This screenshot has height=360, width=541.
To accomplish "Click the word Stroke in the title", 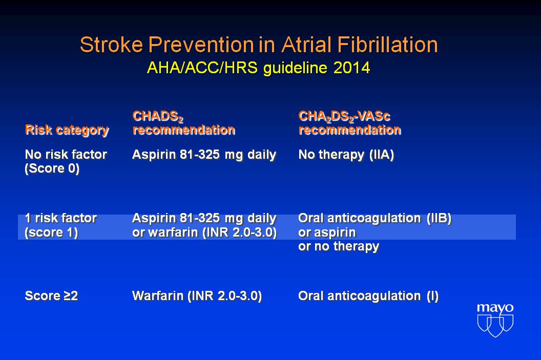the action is [x=112, y=45].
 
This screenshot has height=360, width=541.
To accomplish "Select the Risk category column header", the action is [x=67, y=131].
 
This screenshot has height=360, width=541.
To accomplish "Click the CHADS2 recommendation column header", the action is [x=183, y=123].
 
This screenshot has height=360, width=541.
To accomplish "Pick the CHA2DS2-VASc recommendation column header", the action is [x=349, y=123].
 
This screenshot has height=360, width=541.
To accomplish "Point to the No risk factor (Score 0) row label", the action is [x=66, y=161].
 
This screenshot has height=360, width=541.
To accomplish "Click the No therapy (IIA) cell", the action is [x=346, y=155].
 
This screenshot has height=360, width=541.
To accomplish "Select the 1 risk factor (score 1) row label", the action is [x=61, y=225].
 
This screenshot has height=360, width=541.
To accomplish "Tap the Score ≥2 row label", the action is [x=51, y=296].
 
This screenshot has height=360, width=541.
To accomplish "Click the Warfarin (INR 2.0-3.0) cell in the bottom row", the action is [x=197, y=296].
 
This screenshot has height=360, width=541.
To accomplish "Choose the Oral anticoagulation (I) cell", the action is [x=368, y=296].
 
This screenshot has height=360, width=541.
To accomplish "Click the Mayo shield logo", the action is [x=495, y=321].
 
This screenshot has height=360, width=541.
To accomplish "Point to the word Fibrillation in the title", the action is [x=387, y=45].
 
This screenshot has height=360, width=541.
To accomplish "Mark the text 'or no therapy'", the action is [x=339, y=246].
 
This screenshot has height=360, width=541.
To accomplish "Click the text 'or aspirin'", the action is [x=327, y=232].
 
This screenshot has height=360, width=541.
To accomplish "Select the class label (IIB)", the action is [x=439, y=218].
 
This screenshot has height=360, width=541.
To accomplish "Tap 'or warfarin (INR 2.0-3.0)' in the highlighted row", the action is [x=204, y=232].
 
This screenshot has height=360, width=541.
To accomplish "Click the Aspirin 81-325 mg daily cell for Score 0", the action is [x=204, y=155].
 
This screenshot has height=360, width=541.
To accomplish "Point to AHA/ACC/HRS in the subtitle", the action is [x=202, y=68].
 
